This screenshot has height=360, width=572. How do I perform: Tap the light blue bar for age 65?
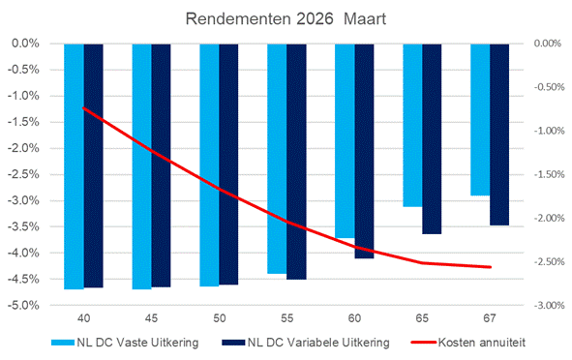coord(412,125)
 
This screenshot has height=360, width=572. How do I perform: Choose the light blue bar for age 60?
coord(345,140)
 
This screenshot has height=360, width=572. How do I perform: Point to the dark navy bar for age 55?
coord(296,161)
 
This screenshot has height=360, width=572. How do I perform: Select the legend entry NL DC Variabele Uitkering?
coord(309,341)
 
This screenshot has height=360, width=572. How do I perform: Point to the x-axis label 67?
coord(490,315)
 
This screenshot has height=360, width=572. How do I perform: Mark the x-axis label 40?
coord(83,315)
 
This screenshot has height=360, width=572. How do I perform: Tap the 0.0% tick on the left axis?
coord(25,44)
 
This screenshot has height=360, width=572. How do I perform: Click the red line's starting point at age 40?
coord(83,108)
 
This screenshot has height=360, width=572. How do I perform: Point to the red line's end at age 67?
coord(491,267)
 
